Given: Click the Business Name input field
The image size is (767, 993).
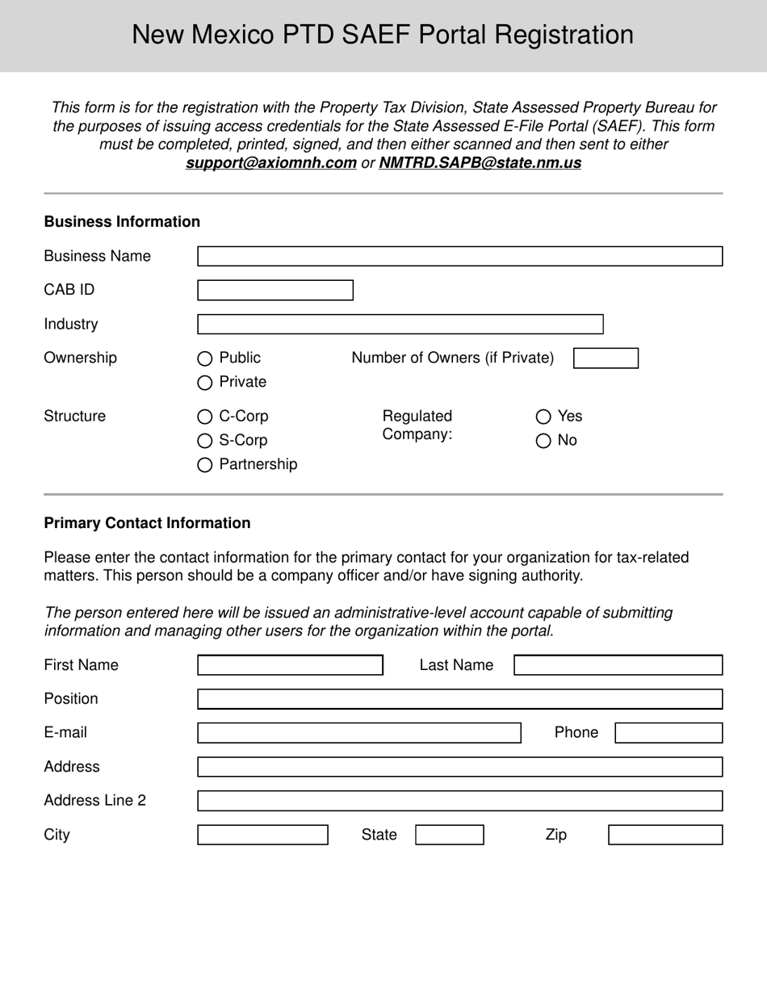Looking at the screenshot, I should [459, 257].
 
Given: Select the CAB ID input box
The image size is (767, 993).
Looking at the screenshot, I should [275, 291].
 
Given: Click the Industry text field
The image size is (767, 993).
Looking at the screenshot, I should [400, 325].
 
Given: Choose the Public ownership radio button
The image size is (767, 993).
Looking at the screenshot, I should [205, 358].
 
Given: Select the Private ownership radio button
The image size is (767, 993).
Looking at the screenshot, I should [205, 383].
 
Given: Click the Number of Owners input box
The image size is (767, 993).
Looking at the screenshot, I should [606, 358].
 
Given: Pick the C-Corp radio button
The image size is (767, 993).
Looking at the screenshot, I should [205, 417].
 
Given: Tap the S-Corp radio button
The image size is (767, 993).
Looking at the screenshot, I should [205, 442].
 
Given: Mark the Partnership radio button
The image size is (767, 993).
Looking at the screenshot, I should [205, 465].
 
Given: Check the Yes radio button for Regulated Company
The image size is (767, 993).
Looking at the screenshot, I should [543, 417].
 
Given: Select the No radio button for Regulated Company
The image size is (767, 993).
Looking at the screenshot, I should [543, 441].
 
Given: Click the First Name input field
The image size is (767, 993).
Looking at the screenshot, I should [290, 665].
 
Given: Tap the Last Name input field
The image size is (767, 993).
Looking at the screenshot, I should [618, 665].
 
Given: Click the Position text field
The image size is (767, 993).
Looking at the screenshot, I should [459, 699].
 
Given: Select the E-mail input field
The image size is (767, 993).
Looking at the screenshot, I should [359, 733].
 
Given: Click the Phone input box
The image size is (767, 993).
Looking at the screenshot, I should [669, 733].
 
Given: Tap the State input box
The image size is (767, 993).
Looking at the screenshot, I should [450, 835].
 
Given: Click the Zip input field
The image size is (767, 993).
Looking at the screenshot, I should [665, 835].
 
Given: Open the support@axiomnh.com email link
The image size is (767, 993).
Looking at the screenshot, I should [271, 163].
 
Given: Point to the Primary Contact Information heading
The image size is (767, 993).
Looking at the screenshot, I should [147, 523].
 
